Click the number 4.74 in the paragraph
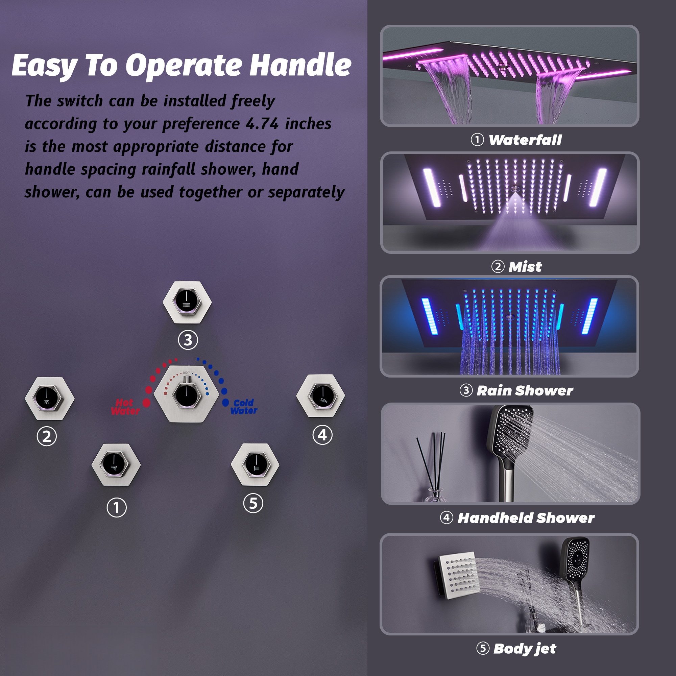tap(262, 124)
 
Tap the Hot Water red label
tap(125, 407)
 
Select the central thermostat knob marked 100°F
tap(187, 395)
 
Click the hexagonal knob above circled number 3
tap(187, 301)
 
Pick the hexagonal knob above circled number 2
tap(49, 398)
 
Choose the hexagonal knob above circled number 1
tap(116, 465)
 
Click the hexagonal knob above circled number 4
tap(320, 396)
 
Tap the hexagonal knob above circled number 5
tap(255, 465)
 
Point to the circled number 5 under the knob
tap(253, 504)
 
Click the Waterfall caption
tap(525, 140)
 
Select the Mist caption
tap(525, 267)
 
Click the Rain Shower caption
tap(525, 390)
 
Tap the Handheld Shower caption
tap(526, 518)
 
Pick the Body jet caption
tap(525, 648)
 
